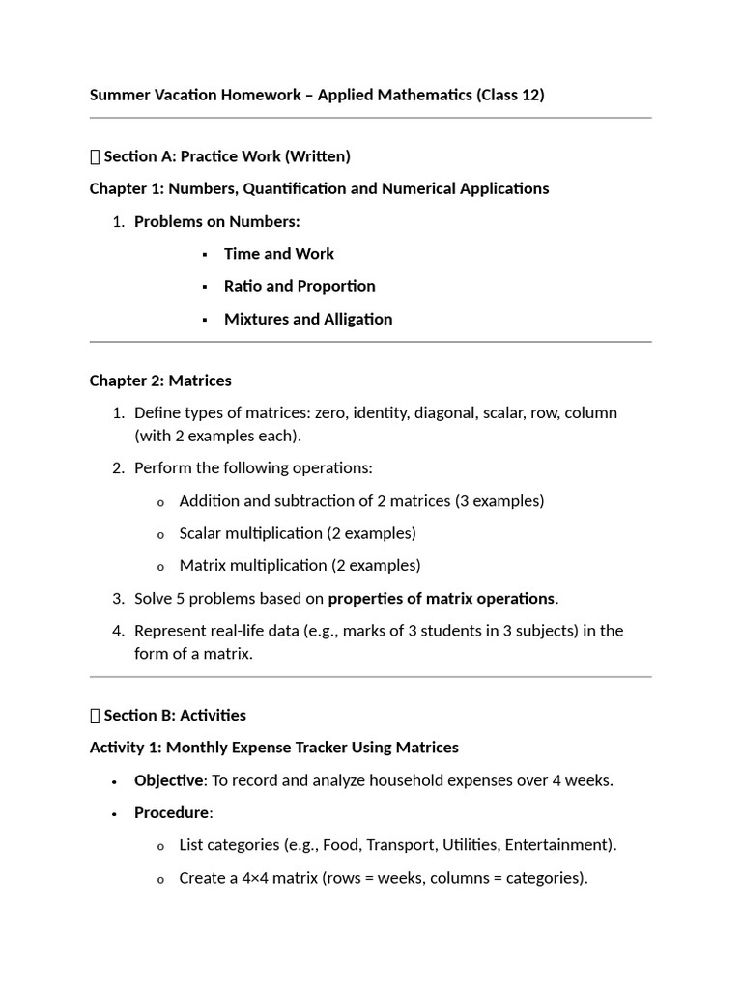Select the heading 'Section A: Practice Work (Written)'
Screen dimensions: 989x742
coord(226,155)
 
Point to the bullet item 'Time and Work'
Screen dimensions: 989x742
coord(278,254)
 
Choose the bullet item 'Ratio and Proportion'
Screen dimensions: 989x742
coord(300,286)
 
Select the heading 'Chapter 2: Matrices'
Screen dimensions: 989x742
coord(160,381)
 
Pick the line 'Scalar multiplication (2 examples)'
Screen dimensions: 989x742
coord(298,533)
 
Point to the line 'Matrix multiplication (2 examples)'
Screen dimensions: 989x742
coord(300,565)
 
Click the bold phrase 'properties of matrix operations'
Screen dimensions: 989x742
coord(441,599)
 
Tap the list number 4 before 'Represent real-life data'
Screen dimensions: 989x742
coord(118,631)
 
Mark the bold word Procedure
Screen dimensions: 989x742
coord(171,812)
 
